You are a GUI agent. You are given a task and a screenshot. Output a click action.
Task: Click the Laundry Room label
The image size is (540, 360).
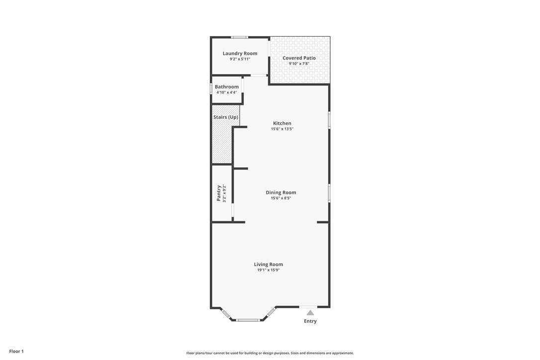(x=240, y=53)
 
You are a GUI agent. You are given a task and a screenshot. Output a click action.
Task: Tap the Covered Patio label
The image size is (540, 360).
(x=299, y=58)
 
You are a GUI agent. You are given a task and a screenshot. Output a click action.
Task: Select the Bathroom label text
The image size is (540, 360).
(x=227, y=87)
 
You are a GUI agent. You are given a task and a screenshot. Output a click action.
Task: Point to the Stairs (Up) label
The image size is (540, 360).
(x=226, y=117)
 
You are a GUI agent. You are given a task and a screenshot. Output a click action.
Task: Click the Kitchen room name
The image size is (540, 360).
(x=282, y=123)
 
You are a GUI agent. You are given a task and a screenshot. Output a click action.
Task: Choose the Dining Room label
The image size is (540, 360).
(x=280, y=192)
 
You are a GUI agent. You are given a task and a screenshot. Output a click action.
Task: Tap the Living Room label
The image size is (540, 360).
(x=269, y=265)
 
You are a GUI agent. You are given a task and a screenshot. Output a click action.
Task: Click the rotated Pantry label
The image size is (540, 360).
(x=218, y=193)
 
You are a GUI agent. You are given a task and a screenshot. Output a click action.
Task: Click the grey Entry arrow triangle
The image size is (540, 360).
(x=310, y=312)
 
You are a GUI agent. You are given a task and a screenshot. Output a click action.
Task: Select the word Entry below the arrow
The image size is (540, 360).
(x=310, y=321)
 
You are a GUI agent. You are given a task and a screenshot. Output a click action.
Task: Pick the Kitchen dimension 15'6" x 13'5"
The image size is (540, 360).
(x=282, y=129)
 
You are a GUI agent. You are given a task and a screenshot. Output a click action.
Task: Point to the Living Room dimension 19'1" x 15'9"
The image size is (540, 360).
(x=269, y=270)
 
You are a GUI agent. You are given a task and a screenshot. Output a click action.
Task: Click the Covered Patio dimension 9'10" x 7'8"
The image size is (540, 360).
(x=299, y=63)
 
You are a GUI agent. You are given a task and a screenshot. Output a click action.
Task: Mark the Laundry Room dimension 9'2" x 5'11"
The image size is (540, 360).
(x=240, y=59)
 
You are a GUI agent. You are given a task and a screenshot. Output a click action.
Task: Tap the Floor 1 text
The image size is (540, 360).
(x=16, y=352)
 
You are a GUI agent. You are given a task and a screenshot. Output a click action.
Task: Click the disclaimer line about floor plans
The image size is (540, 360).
(x=270, y=353)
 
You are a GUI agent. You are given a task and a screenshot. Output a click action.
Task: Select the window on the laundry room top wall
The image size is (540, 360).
(x=239, y=37)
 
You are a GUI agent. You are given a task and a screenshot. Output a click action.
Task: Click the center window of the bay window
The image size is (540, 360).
(x=248, y=320)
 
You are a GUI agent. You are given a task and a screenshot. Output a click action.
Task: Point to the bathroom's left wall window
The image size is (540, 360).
(x=211, y=89)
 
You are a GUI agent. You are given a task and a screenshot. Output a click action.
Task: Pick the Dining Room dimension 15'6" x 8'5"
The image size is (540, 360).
(x=280, y=198)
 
